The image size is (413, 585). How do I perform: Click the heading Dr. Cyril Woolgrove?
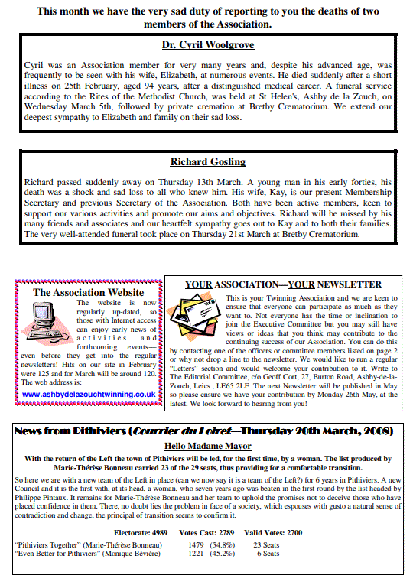pos(207,44)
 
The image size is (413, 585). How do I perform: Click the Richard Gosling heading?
pos(207,162)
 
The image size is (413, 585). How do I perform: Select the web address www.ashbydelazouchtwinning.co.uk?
pos(89,394)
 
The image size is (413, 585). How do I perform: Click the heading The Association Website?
pos(88,292)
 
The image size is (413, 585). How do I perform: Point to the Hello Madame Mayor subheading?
pos(207,447)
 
